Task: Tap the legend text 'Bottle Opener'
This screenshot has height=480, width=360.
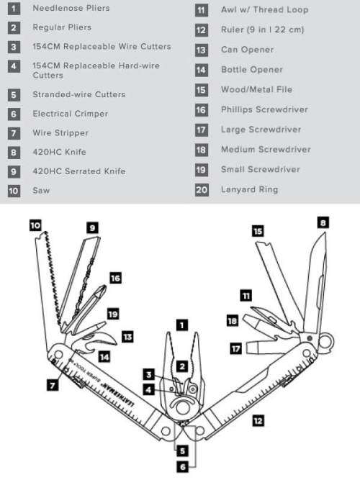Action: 251,70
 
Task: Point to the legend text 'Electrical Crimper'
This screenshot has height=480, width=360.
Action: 70,114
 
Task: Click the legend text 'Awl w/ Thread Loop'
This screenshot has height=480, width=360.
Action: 264,10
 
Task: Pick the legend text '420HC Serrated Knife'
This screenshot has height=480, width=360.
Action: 78,171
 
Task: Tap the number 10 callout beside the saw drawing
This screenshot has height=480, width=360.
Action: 35,225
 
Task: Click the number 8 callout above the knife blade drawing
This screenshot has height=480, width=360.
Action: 323,224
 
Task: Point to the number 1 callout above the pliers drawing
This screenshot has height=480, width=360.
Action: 182,325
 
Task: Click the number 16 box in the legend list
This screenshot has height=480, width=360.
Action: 201,109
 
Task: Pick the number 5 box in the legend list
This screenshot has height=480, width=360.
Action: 14,94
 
